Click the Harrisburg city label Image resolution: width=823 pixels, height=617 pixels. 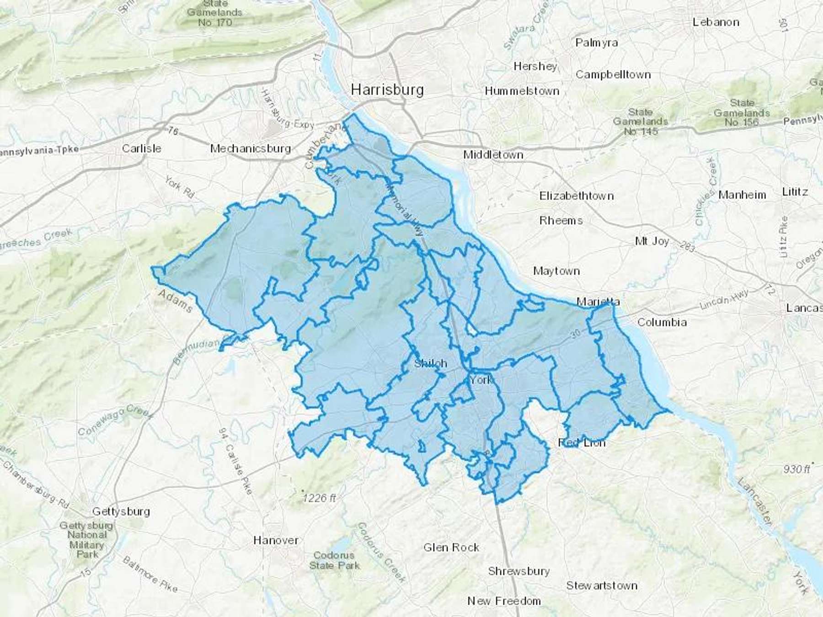387,90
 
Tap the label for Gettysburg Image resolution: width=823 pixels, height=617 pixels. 121,511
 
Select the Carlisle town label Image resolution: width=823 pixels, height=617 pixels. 142,149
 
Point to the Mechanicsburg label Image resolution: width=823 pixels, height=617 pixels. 251,149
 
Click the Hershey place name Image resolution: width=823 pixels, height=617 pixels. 535,67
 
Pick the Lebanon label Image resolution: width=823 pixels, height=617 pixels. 716,22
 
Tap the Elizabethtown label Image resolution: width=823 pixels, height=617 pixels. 577,196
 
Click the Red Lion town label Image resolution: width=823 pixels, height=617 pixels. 582,442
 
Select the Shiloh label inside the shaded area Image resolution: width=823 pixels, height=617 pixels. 430,364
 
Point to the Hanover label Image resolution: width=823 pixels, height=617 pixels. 276,540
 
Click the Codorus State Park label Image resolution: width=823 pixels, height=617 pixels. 334,560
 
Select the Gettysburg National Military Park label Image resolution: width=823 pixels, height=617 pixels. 86,539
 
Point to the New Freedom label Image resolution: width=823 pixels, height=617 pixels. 504,601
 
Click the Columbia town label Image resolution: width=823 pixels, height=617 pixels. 662,322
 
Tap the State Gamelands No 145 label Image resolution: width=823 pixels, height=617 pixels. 641,122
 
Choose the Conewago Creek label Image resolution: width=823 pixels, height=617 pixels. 114,421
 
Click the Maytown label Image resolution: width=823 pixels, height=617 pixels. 556,271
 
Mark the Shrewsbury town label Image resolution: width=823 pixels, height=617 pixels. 518,571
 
